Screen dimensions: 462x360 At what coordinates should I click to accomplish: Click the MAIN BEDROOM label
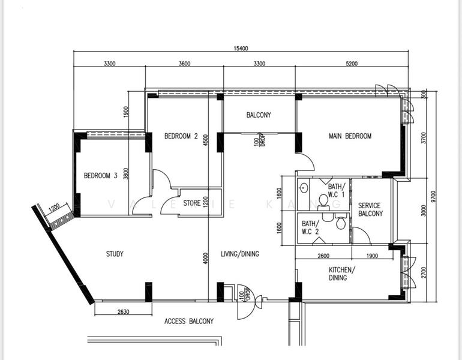click(350, 136)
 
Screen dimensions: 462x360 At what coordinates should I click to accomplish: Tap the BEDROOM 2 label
click(181, 136)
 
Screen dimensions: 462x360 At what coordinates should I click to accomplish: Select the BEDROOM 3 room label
click(100, 176)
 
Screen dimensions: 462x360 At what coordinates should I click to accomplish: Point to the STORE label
click(192, 203)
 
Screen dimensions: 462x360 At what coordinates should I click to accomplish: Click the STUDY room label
click(115, 254)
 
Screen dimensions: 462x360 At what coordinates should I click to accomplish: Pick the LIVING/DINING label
click(240, 254)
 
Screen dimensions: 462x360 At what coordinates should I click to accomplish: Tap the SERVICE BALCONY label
click(370, 209)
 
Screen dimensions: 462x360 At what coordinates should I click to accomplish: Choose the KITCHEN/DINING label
click(342, 274)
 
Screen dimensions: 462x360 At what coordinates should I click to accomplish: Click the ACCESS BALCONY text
click(189, 321)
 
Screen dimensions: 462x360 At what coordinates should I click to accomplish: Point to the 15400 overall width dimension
click(241, 49)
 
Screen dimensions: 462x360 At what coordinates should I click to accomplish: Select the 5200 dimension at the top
click(352, 64)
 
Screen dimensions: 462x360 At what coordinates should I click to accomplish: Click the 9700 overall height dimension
click(433, 196)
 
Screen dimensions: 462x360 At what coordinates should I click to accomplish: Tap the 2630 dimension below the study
click(123, 311)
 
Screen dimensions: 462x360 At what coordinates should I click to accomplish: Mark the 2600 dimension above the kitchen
click(323, 256)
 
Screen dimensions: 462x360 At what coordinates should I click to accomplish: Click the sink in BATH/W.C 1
click(304, 188)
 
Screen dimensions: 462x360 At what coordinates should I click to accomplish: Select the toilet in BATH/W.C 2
click(341, 223)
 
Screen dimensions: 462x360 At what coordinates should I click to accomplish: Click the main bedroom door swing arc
click(310, 159)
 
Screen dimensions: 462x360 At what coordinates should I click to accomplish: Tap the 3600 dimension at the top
click(184, 64)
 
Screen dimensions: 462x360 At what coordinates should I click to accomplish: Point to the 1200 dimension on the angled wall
click(54, 208)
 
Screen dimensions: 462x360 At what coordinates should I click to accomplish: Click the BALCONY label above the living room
click(259, 115)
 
